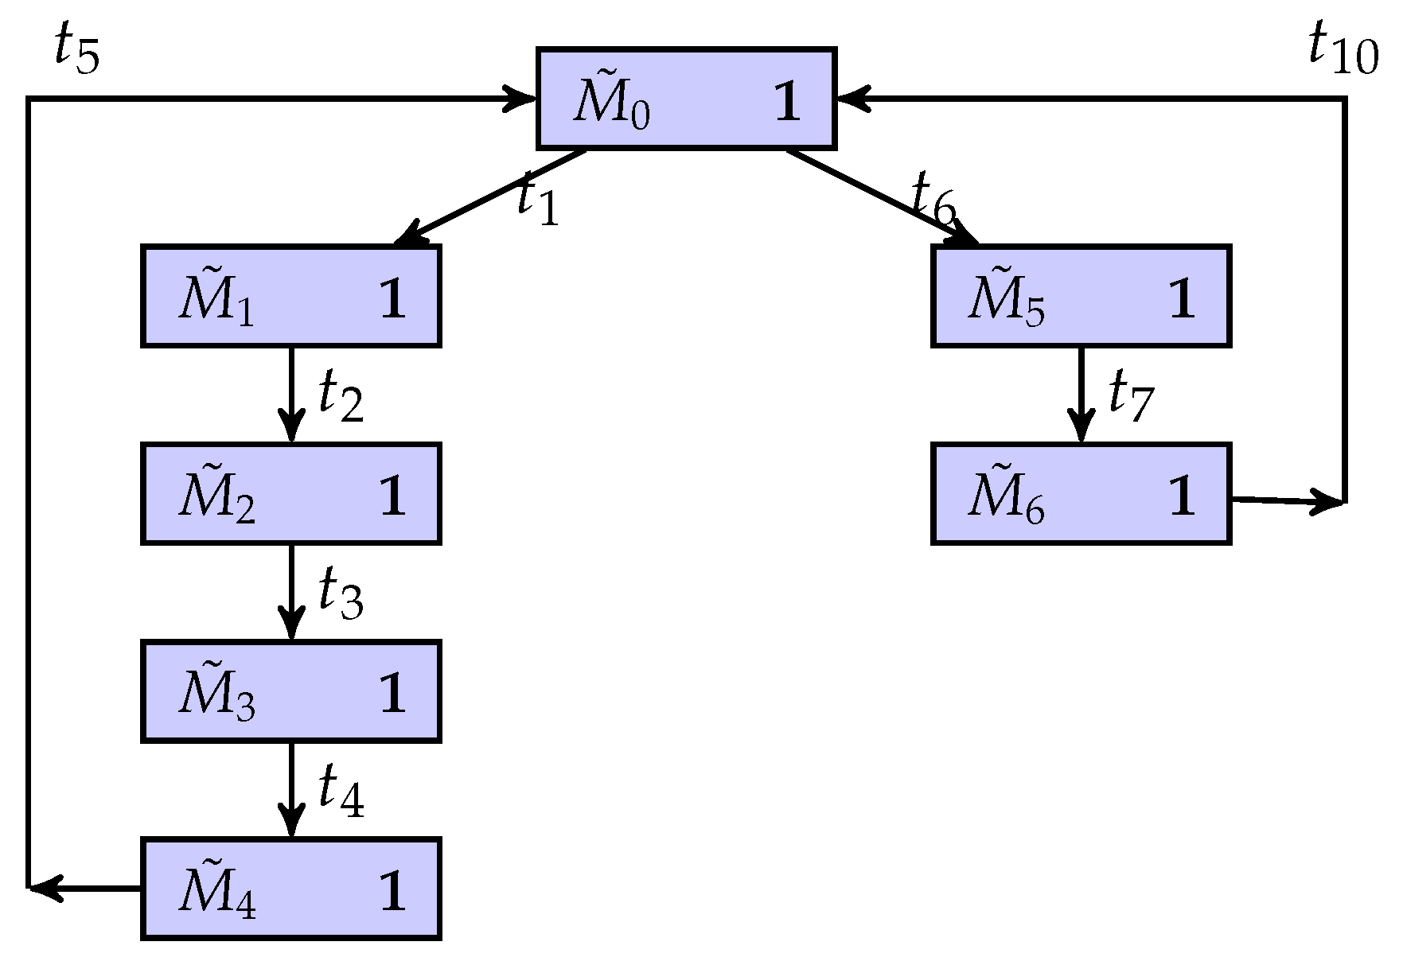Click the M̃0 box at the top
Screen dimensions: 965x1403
tap(686, 99)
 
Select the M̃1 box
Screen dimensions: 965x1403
tap(291, 296)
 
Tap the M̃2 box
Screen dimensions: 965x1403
tap(291, 493)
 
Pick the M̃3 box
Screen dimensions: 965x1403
tap(291, 691)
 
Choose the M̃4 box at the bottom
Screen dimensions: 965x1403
tap(291, 889)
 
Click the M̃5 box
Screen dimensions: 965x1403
tap(1081, 296)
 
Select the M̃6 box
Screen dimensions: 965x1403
tap(1081, 493)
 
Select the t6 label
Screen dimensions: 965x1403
tap(933, 199)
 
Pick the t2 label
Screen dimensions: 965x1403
tap(341, 396)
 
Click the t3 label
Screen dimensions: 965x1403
tap(341, 593)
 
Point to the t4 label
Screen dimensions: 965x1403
tap(341, 792)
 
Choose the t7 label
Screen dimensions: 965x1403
tap(1130, 396)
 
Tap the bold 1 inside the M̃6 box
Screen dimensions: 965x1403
tap(1181, 497)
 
